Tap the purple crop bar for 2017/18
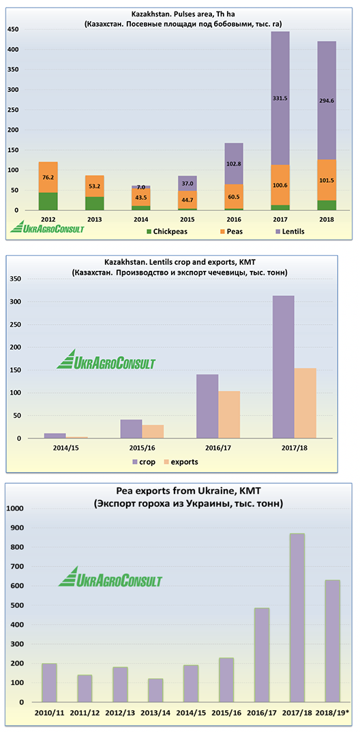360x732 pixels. click(x=283, y=367)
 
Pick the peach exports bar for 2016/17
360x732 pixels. click(x=229, y=415)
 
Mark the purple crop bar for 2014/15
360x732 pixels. click(x=55, y=435)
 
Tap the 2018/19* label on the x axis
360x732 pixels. click(x=330, y=714)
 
